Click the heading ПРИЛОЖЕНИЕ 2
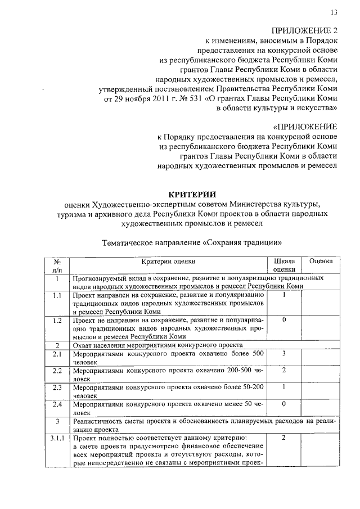tap(304, 30)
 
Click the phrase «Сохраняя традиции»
tap(243, 243)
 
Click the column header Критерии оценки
tap(168, 261)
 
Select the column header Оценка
tap(321, 261)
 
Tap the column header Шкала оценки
tap(284, 265)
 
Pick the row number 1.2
tap(57, 320)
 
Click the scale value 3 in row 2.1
tap(284, 353)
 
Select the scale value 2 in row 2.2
tap(284, 370)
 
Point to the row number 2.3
tap(57, 387)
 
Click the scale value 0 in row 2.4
tap(284, 404)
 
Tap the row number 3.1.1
tap(57, 438)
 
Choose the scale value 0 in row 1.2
tap(284, 320)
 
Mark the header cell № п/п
tap(57, 265)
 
